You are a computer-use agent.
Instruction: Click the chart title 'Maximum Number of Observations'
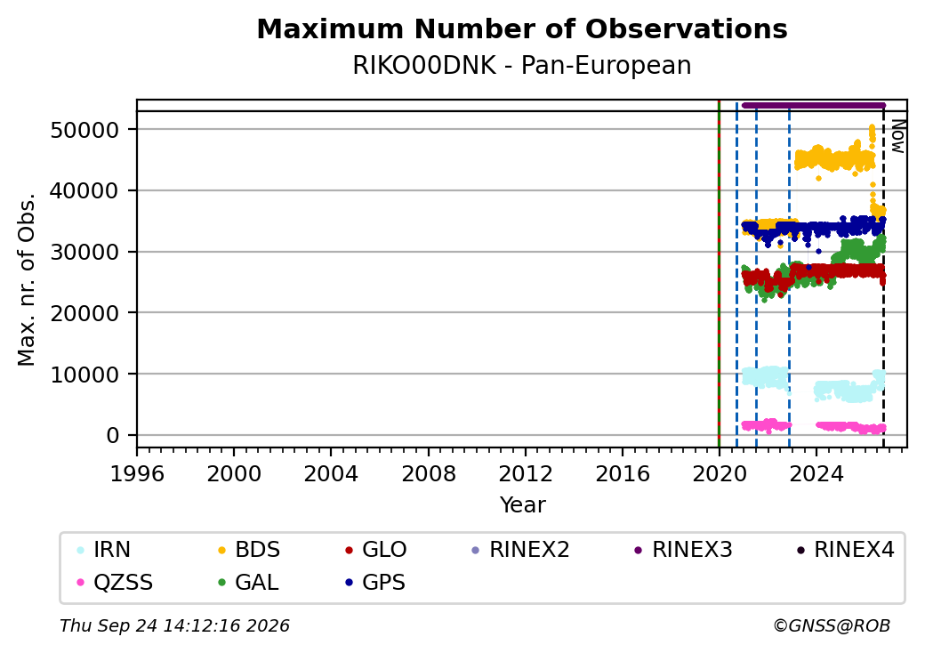tap(522, 28)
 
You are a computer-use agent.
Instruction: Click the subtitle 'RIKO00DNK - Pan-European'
tap(522, 66)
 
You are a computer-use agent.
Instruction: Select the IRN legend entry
tap(104, 550)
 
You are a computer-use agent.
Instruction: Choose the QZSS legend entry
tap(115, 583)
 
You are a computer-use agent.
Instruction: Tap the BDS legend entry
tap(249, 550)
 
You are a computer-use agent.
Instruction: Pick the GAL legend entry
tap(248, 583)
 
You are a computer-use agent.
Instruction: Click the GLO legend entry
tap(375, 550)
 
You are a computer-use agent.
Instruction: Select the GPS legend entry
tap(375, 583)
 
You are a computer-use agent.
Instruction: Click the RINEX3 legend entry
tap(683, 550)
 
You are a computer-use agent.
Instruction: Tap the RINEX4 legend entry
tap(845, 550)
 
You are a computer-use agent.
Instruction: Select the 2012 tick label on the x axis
tap(526, 473)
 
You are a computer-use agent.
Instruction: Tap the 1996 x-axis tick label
tap(137, 473)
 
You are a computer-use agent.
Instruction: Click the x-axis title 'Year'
tap(523, 505)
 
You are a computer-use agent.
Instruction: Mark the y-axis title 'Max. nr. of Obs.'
tap(27, 279)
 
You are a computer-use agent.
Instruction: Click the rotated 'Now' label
tap(897, 136)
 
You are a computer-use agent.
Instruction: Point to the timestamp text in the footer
tap(174, 625)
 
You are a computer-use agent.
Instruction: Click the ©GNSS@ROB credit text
tap(832, 625)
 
